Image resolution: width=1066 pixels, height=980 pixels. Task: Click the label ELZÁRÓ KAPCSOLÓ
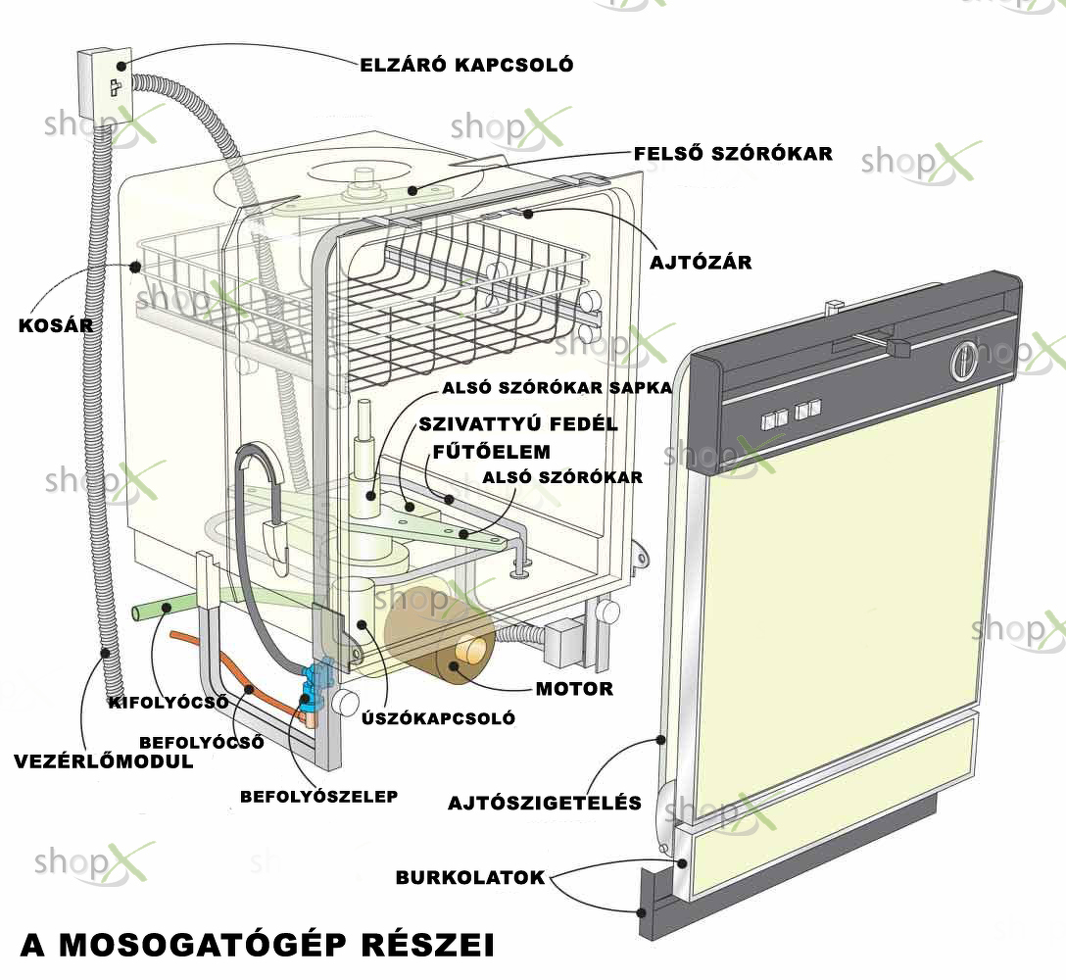point(466,65)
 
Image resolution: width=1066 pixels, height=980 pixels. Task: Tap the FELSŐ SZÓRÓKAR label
point(733,153)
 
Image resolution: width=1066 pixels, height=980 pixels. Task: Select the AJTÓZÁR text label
point(701,262)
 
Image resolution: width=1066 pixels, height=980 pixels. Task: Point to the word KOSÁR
point(56,324)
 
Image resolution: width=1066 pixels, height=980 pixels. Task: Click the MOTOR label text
point(574,689)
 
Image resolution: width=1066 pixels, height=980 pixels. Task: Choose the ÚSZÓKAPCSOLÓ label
point(438,717)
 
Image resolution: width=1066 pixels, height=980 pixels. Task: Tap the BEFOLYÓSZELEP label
point(318,796)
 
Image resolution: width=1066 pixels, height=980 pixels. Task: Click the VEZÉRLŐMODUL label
point(104,761)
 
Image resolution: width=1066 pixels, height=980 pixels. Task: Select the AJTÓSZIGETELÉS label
point(545,803)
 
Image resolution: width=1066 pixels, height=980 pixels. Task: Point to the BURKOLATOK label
point(470,877)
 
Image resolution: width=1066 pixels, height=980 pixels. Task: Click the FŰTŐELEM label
point(492,452)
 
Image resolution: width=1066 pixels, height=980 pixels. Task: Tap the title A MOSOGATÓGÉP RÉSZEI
point(258,946)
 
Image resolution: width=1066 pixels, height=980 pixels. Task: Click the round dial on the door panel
point(962,361)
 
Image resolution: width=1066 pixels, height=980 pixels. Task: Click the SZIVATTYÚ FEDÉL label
point(518,424)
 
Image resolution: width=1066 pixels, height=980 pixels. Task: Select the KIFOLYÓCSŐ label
point(169,702)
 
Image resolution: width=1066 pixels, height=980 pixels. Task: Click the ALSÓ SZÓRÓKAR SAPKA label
point(557,388)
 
